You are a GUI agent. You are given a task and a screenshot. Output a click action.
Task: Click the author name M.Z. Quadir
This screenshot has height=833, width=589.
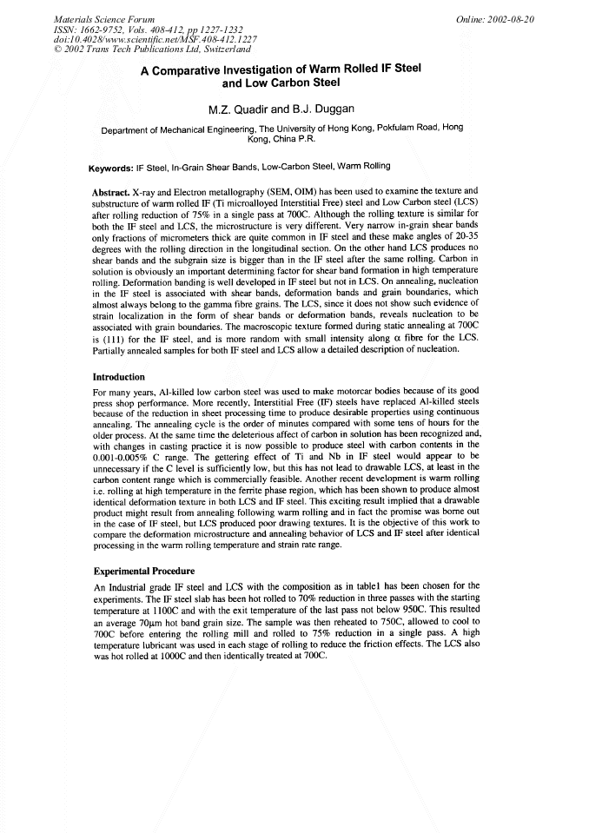[240, 110]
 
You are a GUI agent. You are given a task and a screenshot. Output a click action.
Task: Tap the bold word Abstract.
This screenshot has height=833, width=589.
[112, 189]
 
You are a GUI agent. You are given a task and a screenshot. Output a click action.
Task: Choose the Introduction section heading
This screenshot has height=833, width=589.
[119, 377]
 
